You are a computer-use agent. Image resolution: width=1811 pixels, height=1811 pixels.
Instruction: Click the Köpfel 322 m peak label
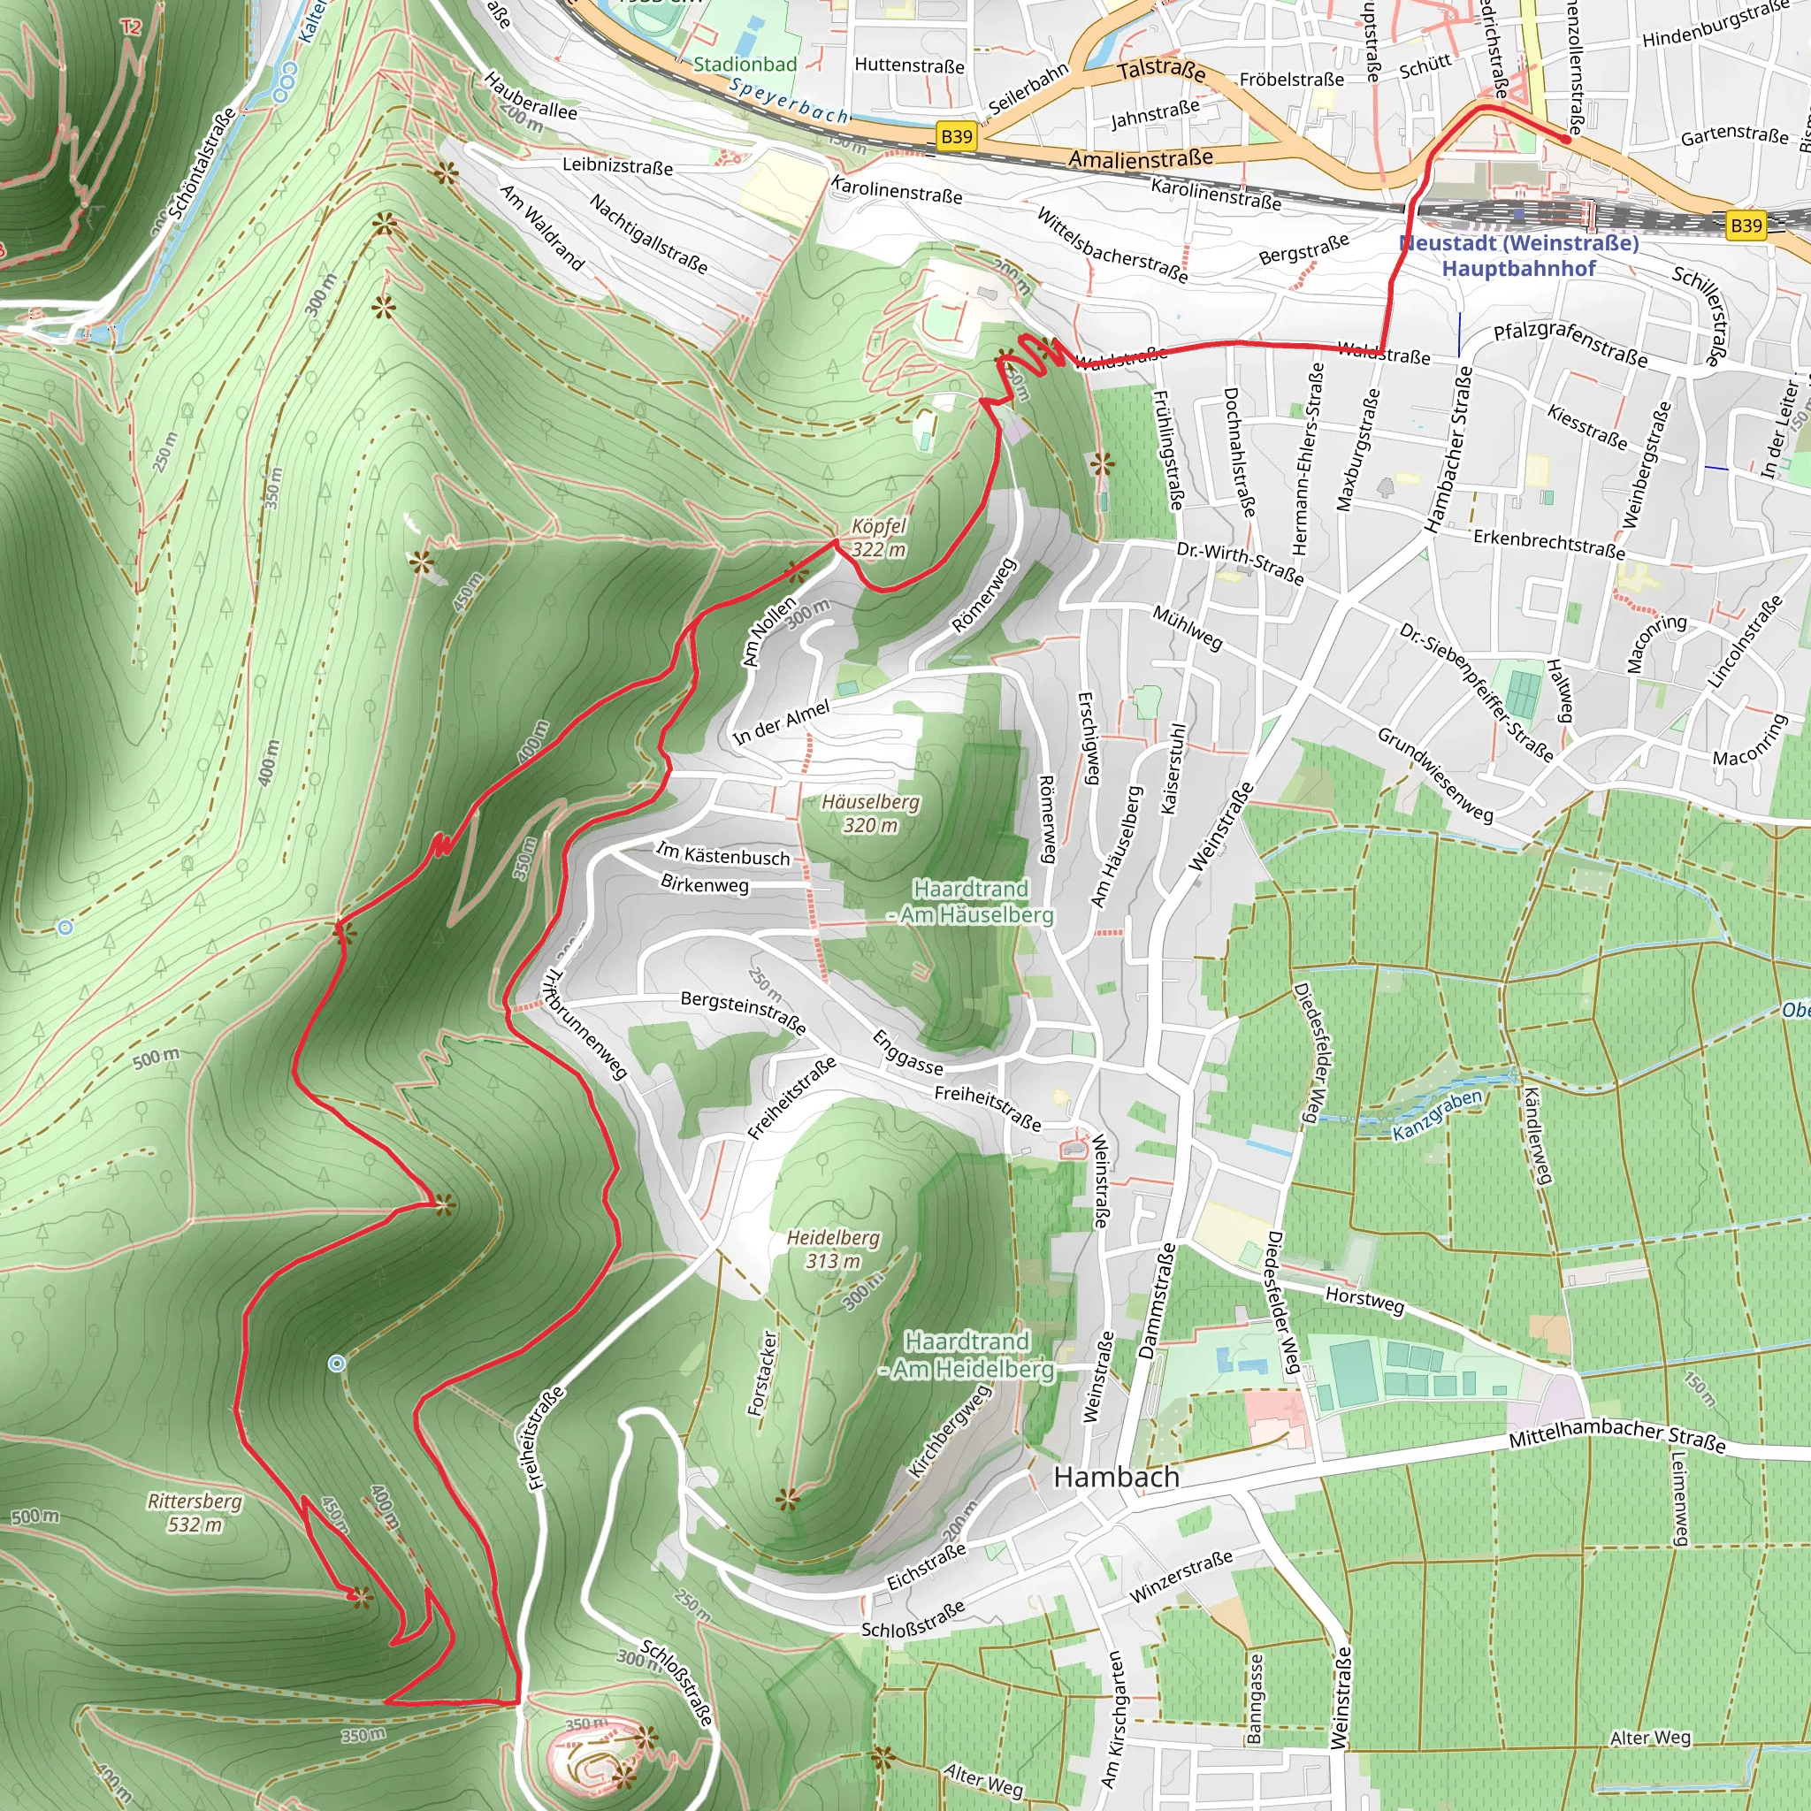click(878, 538)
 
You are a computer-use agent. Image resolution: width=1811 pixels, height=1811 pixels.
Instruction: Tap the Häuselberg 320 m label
click(870, 814)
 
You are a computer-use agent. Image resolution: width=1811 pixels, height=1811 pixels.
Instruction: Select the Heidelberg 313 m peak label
click(833, 1249)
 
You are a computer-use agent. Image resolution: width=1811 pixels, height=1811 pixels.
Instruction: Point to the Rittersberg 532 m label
click(195, 1512)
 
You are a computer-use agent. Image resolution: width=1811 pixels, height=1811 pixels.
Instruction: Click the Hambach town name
click(1115, 1478)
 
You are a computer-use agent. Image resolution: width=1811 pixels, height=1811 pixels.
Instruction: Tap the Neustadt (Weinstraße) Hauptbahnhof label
click(1518, 256)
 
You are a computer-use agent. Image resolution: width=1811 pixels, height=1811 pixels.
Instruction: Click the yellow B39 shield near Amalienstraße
click(956, 137)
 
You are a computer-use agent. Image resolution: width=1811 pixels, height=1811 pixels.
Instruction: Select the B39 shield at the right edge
click(1746, 225)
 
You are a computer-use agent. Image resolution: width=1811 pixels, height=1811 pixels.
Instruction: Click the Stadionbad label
click(745, 65)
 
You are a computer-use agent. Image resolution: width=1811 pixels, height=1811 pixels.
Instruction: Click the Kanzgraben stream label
click(1437, 1114)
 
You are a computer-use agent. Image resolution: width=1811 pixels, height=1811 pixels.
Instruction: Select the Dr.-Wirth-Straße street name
click(1239, 562)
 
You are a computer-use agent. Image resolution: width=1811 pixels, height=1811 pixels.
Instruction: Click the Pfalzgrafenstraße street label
click(1570, 344)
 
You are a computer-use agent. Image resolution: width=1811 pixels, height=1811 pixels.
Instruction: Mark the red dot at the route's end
click(1566, 139)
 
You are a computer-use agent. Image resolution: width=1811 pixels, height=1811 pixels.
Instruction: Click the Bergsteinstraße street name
click(743, 1012)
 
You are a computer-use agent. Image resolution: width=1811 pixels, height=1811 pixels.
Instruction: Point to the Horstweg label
click(1364, 1300)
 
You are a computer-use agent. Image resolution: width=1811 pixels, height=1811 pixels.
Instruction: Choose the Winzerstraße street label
click(1181, 1576)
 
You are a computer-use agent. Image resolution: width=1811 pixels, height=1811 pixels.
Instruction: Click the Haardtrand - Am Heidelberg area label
click(967, 1356)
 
